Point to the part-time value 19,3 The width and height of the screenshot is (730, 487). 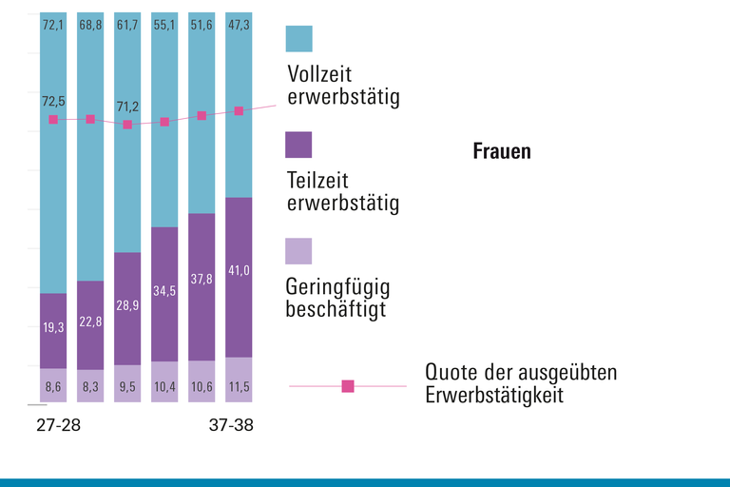pos(53,327)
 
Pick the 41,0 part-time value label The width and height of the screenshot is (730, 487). pos(239,271)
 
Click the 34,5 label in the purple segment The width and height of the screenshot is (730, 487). pos(164,291)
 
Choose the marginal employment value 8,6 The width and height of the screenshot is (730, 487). pos(53,388)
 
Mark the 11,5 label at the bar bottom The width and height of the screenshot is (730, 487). pos(239,388)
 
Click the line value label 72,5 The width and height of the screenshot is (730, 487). pos(53,100)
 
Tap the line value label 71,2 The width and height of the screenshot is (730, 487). pos(127,106)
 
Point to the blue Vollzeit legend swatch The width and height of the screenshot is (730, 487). pos(298,39)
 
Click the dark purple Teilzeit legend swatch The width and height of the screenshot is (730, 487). pos(298,145)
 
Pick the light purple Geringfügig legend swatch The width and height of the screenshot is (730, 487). pos(298,251)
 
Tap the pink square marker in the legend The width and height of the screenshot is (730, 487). pos(348,386)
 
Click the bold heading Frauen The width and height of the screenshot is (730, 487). pos(502,151)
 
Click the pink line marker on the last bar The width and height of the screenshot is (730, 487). pos(239,111)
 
